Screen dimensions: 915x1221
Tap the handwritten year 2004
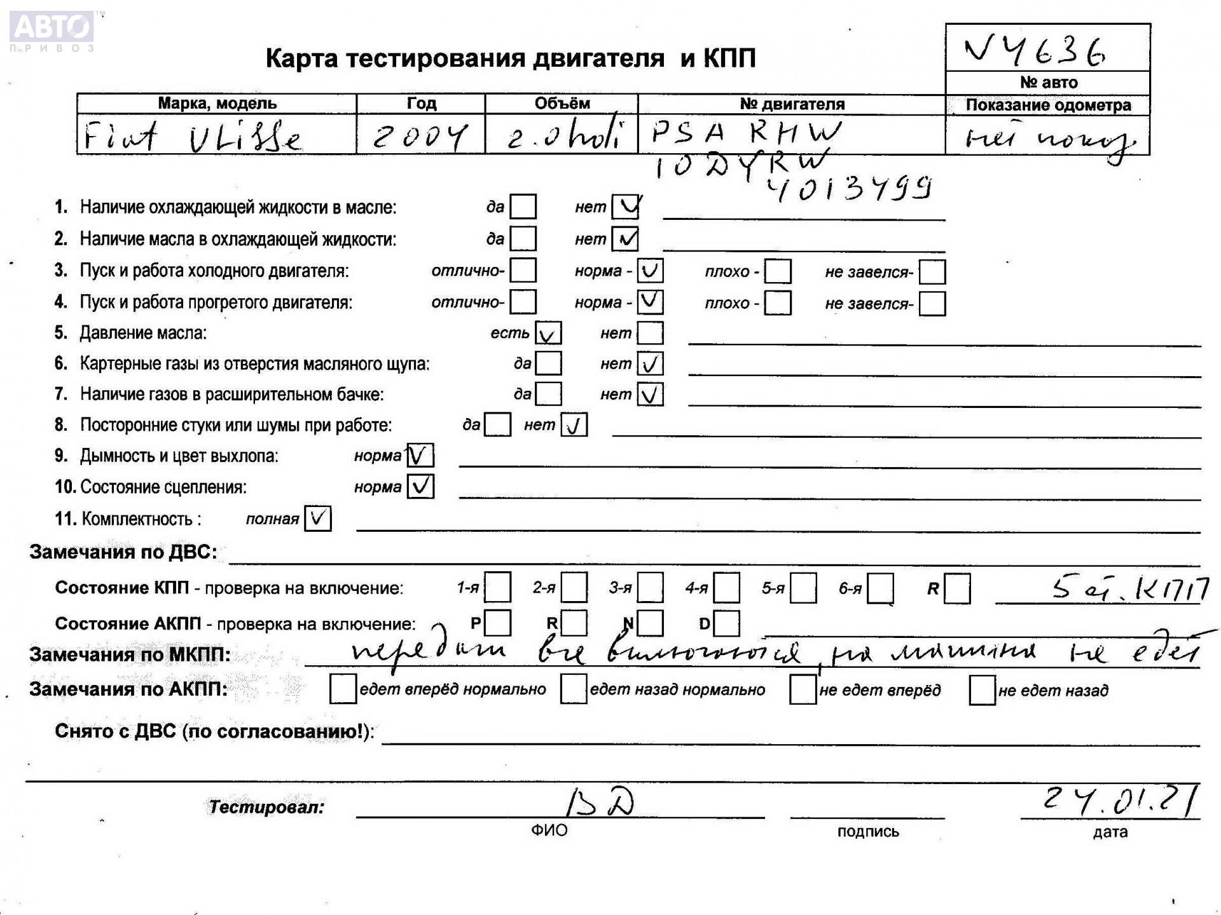click(x=420, y=136)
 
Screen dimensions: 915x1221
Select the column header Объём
click(x=562, y=104)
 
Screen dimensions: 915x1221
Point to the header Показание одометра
click(x=1047, y=105)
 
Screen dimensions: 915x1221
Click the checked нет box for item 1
click(x=625, y=207)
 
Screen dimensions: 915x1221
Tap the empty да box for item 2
click(x=523, y=239)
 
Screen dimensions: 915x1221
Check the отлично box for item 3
click(x=523, y=271)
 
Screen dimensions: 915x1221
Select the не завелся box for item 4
click(x=932, y=303)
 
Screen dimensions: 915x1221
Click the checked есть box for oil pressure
click(x=548, y=333)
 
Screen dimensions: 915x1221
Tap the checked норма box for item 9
click(x=420, y=456)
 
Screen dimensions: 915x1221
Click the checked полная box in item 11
click(x=317, y=518)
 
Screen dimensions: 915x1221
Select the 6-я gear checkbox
click(x=880, y=588)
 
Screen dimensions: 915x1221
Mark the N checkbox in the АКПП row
click(x=650, y=623)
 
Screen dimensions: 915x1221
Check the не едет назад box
click(x=982, y=690)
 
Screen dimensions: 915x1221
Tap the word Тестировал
click(x=266, y=807)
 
